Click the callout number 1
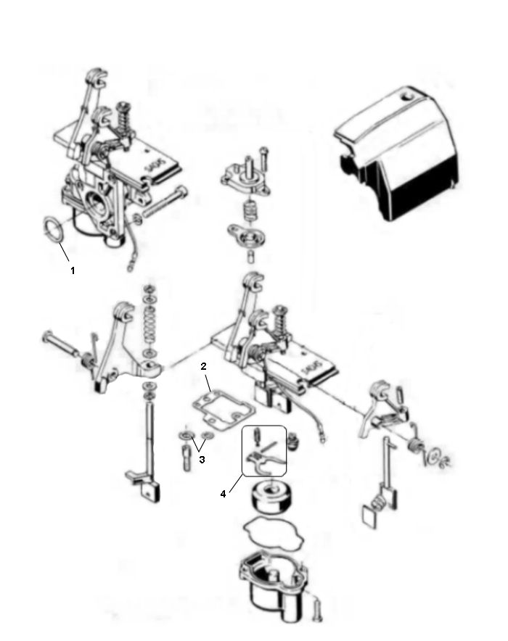(x=72, y=270)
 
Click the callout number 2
(x=205, y=368)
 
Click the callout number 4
(x=224, y=494)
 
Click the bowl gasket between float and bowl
(x=273, y=533)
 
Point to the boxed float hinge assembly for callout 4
(x=261, y=451)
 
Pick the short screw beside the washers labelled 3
(x=188, y=459)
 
